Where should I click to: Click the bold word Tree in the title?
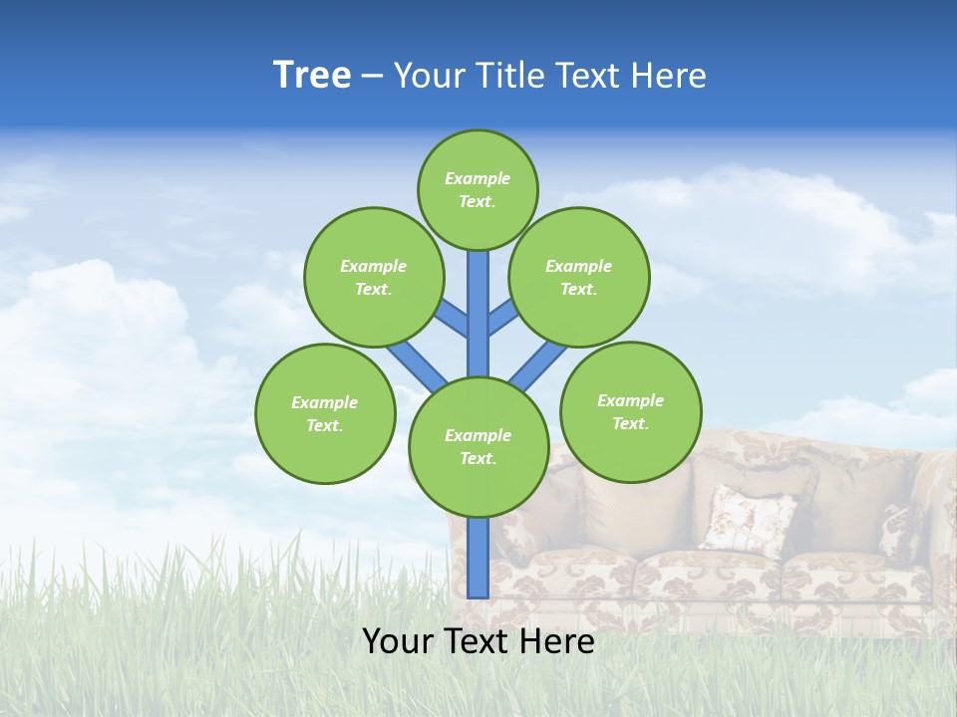(312, 76)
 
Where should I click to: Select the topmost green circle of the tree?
(478, 189)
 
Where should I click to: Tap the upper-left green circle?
(373, 277)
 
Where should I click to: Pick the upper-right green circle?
(579, 277)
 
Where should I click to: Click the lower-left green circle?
(325, 413)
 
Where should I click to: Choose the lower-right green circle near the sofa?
(631, 411)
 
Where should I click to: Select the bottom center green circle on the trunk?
(478, 447)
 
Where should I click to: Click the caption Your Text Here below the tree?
(478, 641)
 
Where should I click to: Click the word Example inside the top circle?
(478, 179)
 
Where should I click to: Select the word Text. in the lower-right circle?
(630, 423)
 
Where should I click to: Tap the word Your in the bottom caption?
(396, 641)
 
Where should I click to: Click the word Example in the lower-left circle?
(324, 402)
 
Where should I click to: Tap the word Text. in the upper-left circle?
(373, 289)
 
